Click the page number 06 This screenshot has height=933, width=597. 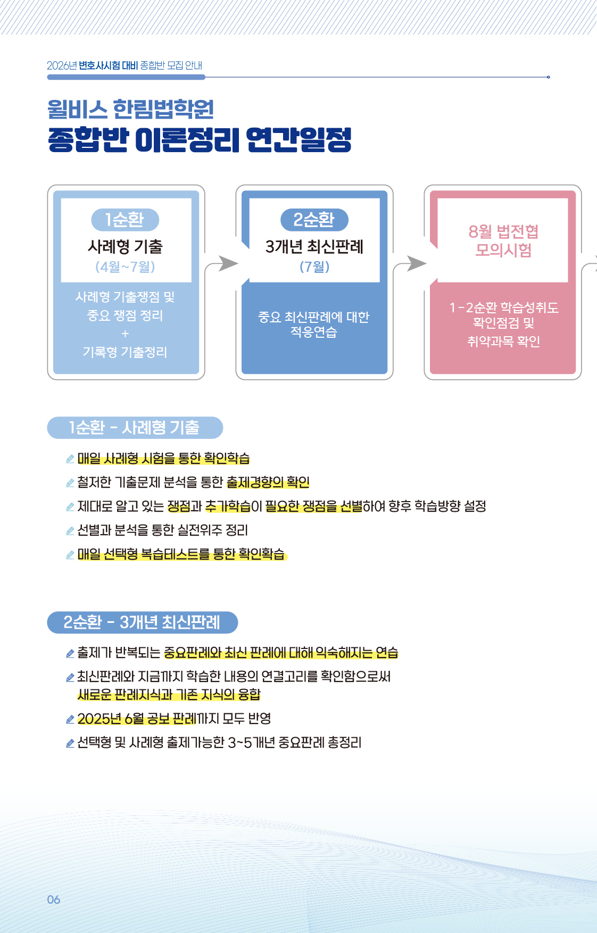(x=54, y=899)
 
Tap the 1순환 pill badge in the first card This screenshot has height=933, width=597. (x=125, y=220)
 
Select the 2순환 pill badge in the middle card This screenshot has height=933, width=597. (x=314, y=220)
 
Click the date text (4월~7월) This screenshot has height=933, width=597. (x=125, y=266)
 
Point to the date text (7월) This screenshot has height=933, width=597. (x=314, y=266)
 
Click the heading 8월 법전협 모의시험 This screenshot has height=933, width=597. (x=503, y=240)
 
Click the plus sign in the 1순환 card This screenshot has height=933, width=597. (x=125, y=334)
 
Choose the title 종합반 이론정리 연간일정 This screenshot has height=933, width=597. (x=200, y=139)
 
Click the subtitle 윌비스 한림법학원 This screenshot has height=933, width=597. (x=130, y=109)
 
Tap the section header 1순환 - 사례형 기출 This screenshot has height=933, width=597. (x=135, y=428)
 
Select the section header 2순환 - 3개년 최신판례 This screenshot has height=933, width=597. (x=142, y=622)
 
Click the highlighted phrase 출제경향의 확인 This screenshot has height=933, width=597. (x=268, y=482)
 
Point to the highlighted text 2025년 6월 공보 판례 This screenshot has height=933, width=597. (x=137, y=719)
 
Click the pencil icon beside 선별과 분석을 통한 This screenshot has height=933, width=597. (x=70, y=530)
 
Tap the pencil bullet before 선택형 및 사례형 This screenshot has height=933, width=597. (x=70, y=743)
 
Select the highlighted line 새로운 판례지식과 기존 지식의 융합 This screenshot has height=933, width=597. (x=169, y=695)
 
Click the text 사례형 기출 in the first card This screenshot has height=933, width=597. (x=125, y=246)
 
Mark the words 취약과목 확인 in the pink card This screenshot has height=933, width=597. (x=503, y=341)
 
